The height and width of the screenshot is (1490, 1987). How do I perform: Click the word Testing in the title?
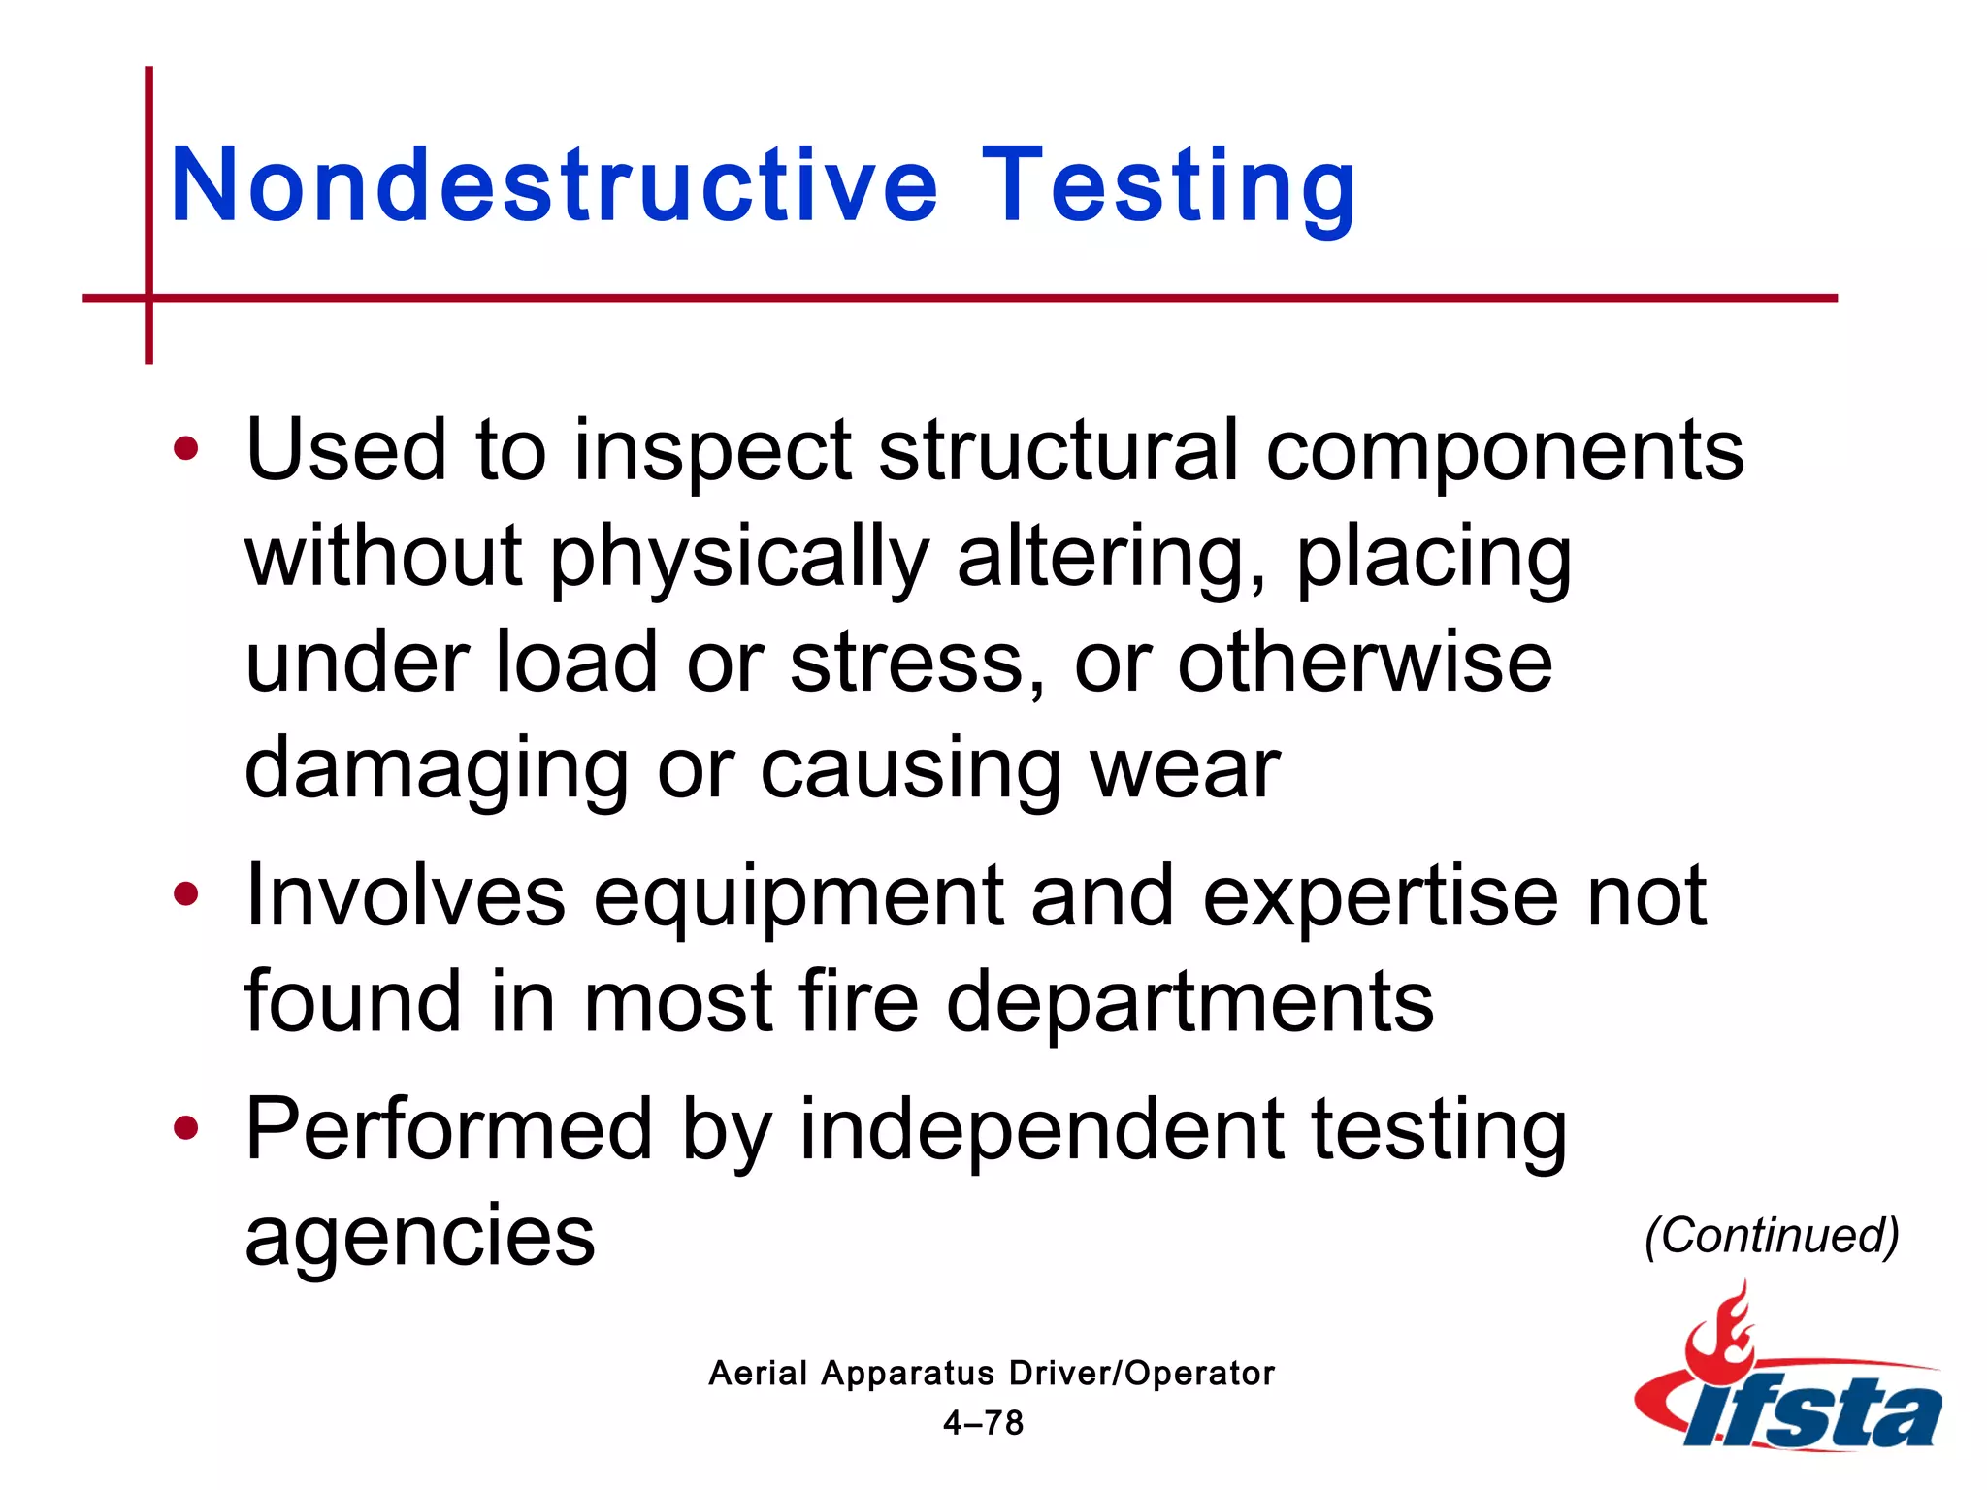click(x=1168, y=186)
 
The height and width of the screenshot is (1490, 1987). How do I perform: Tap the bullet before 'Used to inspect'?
click(x=185, y=449)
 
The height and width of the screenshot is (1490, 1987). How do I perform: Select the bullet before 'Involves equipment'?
click(x=185, y=894)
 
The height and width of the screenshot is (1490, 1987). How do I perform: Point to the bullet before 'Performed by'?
click(x=185, y=1128)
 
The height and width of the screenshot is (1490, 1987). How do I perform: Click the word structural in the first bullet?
click(x=1059, y=450)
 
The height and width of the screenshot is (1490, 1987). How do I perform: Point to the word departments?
click(x=1189, y=1003)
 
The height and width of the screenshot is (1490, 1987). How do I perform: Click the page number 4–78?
click(x=983, y=1423)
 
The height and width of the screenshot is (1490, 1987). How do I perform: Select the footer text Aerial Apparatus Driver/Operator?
click(x=991, y=1374)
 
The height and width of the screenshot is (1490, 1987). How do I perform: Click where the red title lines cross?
click(x=149, y=298)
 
